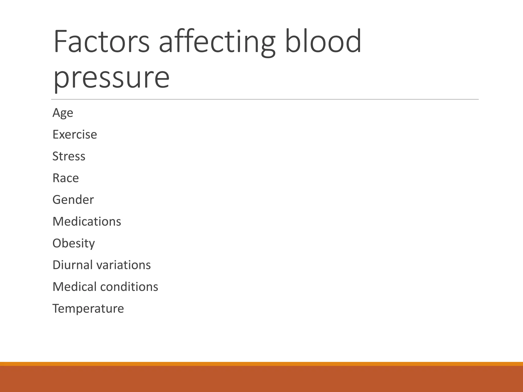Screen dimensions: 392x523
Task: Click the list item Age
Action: [63, 113]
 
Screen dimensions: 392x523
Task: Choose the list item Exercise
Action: [75, 134]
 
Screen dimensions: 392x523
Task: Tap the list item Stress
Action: [69, 156]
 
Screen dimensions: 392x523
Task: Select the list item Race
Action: [66, 178]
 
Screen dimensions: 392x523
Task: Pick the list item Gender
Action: [73, 200]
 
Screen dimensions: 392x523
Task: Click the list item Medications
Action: [87, 221]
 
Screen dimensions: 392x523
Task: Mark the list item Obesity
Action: [74, 243]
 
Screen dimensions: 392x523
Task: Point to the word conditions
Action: [129, 287]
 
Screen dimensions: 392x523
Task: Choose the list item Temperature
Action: [88, 308]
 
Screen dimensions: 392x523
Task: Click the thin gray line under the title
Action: [265, 99]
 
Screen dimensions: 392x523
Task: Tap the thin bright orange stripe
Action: [261, 364]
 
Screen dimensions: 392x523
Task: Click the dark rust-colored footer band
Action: [261, 379]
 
